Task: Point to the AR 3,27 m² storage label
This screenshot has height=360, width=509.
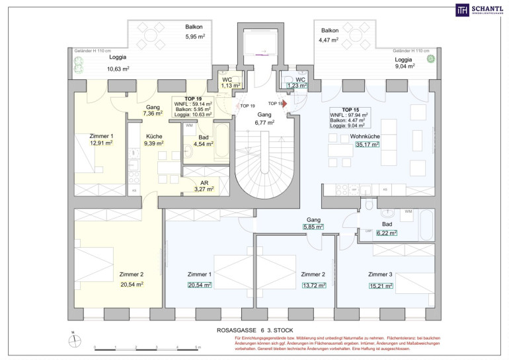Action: click(204, 185)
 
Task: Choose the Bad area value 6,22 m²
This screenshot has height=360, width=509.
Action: click(387, 233)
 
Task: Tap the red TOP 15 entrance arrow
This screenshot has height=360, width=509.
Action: click(284, 103)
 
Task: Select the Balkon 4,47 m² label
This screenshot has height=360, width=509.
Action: click(330, 35)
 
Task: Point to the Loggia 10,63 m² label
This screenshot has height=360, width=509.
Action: click(118, 63)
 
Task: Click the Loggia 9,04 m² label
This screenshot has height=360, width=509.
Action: click(405, 61)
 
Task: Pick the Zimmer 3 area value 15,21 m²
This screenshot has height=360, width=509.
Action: click(381, 286)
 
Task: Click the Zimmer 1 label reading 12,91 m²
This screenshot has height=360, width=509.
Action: click(101, 138)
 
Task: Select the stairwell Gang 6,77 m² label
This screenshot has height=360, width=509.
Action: click(264, 118)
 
